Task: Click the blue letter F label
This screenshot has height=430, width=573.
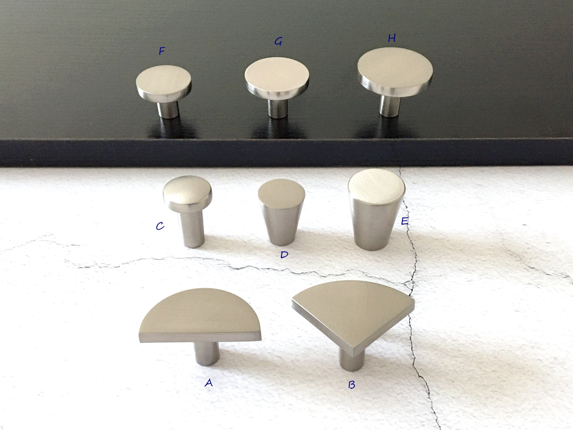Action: (162, 51)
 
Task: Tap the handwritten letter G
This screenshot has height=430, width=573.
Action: (278, 41)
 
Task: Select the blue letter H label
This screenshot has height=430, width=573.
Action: (391, 38)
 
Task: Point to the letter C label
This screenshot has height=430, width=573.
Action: (160, 226)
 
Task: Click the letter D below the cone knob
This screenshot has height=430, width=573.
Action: (284, 255)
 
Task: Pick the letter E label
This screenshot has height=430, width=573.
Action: (404, 221)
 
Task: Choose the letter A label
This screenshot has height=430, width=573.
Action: (209, 383)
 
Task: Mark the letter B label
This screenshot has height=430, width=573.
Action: (352, 384)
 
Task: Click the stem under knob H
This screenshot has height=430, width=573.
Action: (389, 106)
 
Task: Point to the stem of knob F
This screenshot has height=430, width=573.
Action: (168, 109)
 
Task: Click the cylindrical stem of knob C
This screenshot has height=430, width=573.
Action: (192, 229)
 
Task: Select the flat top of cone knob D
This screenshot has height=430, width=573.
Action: (282, 194)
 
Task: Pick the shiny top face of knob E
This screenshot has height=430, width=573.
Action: (376, 186)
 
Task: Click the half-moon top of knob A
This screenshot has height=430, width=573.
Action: (200, 315)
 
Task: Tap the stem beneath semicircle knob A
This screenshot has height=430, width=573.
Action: (207, 353)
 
